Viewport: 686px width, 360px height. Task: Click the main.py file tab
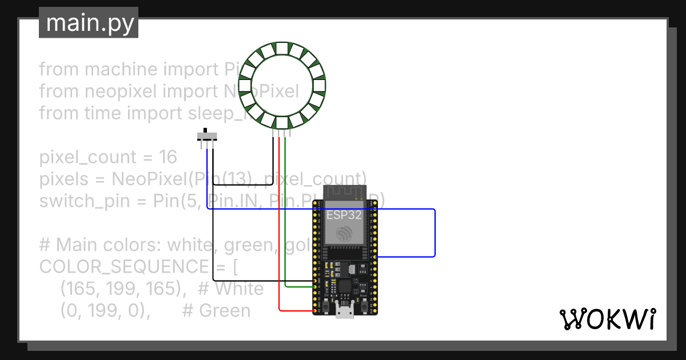click(89, 23)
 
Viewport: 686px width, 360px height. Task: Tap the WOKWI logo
click(607, 319)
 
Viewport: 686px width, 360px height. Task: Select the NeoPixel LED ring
click(282, 86)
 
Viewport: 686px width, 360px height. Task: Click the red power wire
click(279, 229)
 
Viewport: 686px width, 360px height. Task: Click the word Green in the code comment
click(225, 311)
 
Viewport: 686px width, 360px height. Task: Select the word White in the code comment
click(239, 289)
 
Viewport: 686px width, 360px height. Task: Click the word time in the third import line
click(99, 113)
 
